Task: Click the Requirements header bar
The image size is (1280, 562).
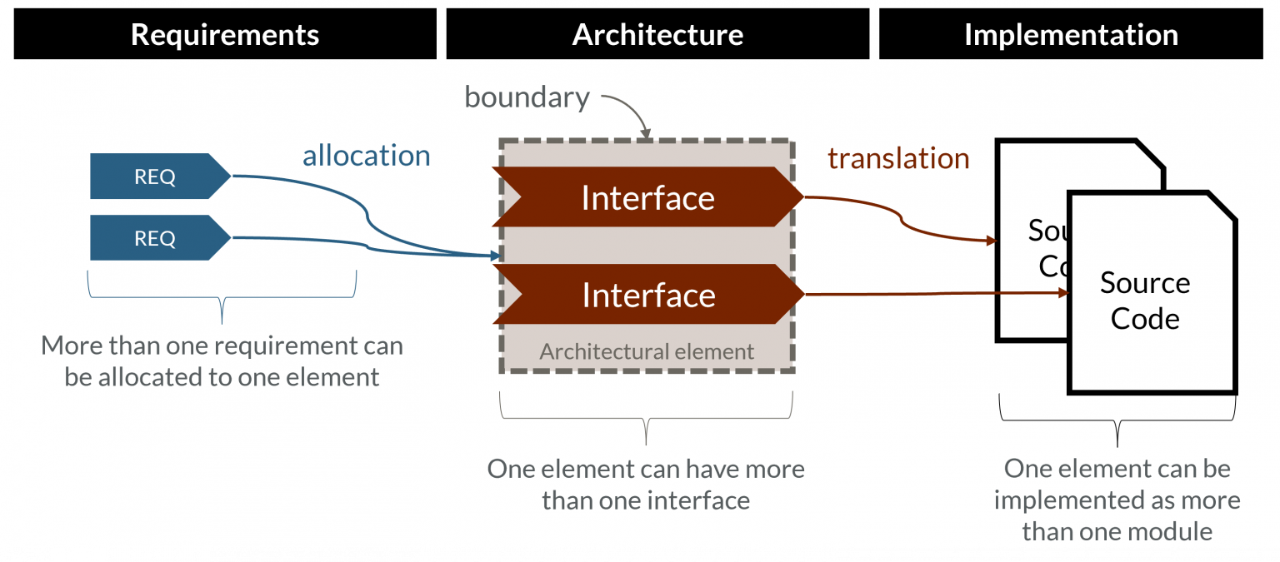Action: tap(225, 34)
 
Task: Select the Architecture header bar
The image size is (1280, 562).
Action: tap(657, 34)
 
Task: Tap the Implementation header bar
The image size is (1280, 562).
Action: tap(1071, 34)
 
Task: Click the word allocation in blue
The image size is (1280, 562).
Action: tap(366, 156)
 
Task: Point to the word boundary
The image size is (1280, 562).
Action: tap(527, 97)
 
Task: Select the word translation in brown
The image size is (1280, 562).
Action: tap(898, 158)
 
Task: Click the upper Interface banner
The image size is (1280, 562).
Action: tap(647, 197)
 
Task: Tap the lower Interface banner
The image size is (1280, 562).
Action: tap(647, 295)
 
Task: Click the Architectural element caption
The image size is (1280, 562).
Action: tap(647, 351)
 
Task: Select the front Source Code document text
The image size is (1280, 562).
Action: tap(1144, 301)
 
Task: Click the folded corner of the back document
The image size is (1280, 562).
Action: tap(1149, 154)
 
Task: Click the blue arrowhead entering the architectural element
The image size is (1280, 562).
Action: tap(496, 256)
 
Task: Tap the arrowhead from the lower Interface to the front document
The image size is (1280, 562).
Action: tap(1064, 293)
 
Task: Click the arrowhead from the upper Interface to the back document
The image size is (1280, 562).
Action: tap(992, 241)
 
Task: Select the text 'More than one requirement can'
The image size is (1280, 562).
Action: tap(222, 346)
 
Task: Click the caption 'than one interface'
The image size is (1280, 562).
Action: tap(646, 500)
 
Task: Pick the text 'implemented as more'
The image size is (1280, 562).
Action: tap(1117, 500)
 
